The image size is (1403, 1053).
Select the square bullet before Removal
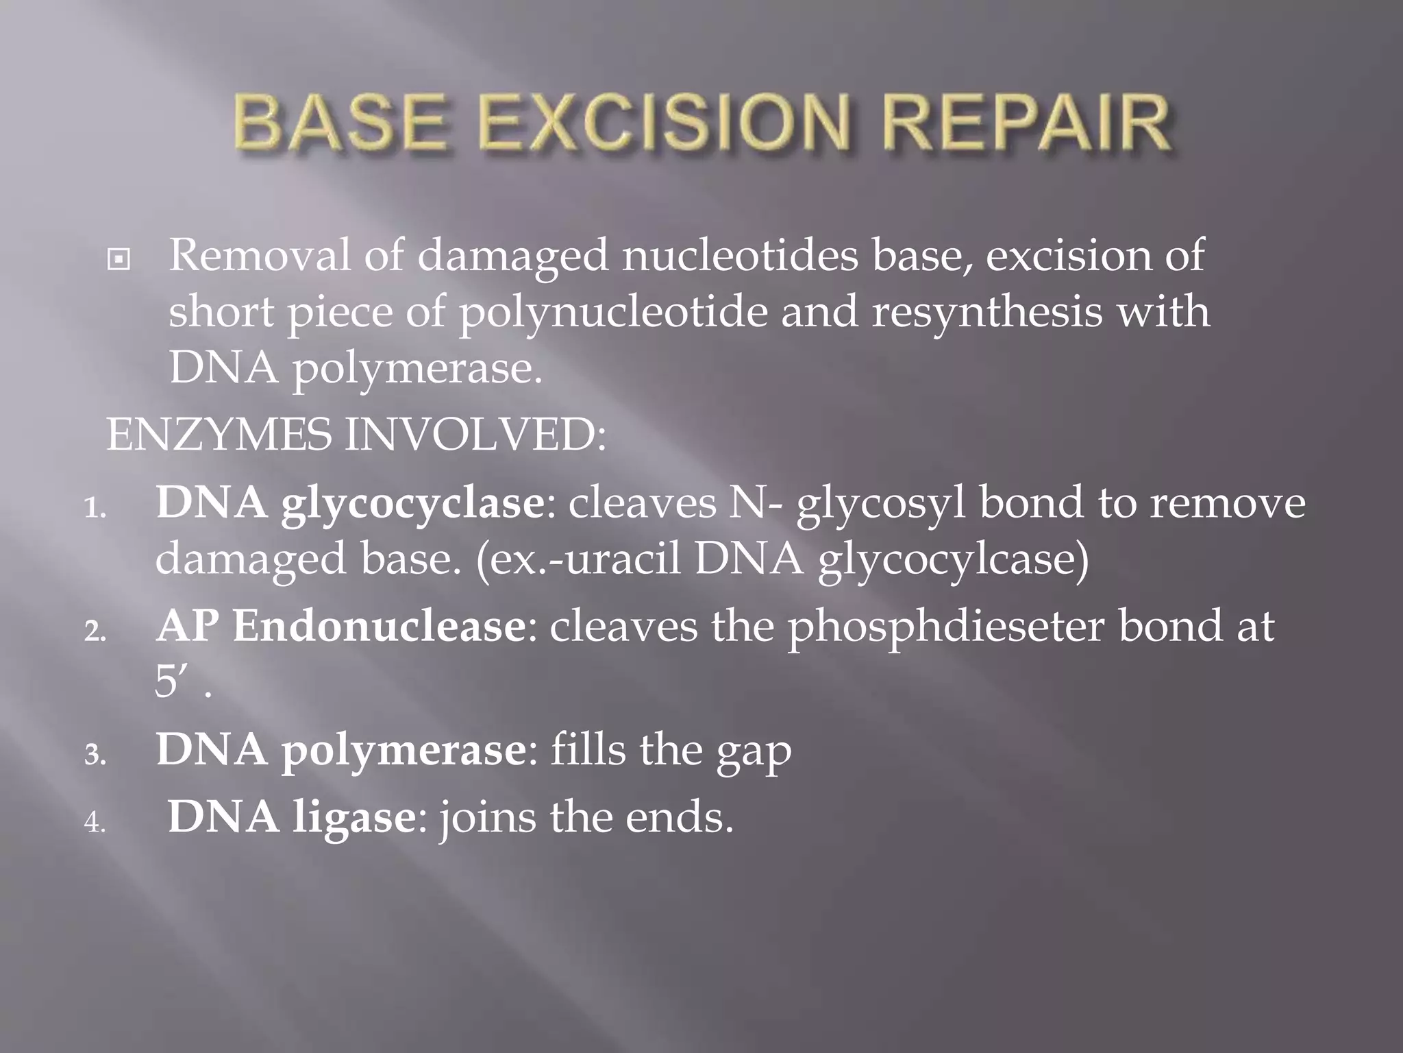[119, 261]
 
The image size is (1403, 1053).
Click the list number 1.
[95, 510]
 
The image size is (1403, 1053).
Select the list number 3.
[95, 756]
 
